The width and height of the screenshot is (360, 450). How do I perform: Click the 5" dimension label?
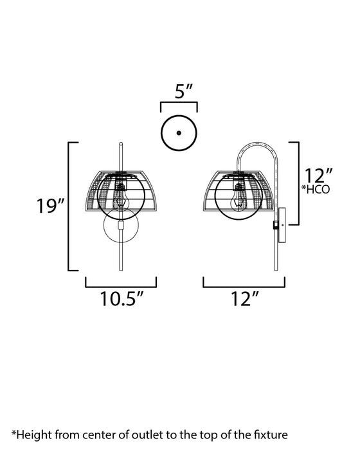[184, 91]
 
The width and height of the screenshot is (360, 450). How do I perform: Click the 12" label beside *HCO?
[318, 175]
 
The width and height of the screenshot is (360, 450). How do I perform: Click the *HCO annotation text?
[315, 190]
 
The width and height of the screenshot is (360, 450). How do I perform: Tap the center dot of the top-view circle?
[179, 133]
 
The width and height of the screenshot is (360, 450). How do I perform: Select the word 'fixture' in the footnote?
[271, 435]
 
